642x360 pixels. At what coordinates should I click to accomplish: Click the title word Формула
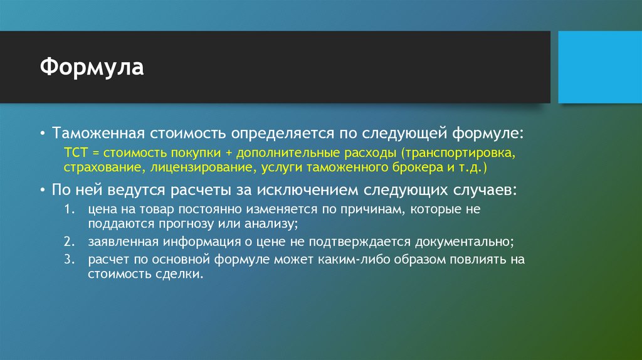[93, 67]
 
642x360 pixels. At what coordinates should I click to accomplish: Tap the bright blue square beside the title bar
[599, 67]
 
